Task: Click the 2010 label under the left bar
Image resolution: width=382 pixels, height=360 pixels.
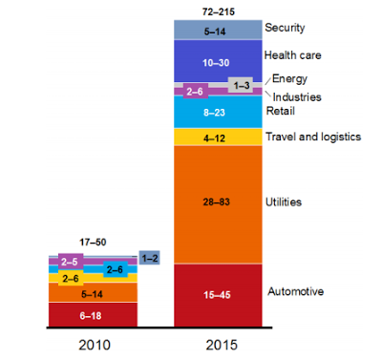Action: coord(95,345)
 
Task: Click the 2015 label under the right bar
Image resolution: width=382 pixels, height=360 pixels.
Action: coord(222,345)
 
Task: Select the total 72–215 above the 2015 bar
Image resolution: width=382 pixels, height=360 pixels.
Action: coord(219,12)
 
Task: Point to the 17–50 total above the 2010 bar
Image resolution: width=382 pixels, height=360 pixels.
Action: coord(93,243)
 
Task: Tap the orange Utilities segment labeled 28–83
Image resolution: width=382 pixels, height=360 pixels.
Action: coord(218,204)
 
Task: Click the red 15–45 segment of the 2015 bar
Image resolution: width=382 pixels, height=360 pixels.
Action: coord(218,295)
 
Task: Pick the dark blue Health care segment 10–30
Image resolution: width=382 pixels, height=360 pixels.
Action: coord(218,61)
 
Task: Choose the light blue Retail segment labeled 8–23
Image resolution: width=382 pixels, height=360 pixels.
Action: coord(218,112)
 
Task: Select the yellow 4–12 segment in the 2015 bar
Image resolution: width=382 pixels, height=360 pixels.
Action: coord(218,137)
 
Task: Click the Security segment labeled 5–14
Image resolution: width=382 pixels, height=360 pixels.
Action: coord(218,30)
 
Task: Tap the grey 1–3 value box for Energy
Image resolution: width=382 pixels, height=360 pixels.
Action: coord(241,85)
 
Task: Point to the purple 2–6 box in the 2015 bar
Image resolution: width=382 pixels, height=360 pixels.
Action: coord(195,92)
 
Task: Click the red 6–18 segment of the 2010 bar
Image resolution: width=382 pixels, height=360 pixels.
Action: coord(93,314)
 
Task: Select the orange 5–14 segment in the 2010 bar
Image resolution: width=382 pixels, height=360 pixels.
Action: coord(93,292)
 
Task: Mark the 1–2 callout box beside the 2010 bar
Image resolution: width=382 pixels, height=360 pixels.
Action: coord(150,258)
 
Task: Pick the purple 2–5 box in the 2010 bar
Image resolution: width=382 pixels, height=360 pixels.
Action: coord(71,262)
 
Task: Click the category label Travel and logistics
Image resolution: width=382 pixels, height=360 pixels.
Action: coord(313,137)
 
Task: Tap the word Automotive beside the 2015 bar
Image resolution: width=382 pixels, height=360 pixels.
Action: coord(296,291)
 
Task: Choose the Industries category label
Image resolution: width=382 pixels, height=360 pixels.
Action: coord(297,97)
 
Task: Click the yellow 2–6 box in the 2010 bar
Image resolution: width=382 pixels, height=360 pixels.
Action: coord(71,279)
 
